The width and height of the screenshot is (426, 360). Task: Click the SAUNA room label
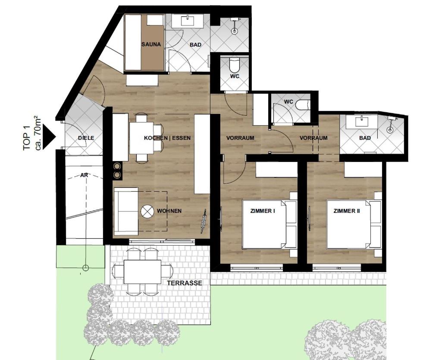(151, 44)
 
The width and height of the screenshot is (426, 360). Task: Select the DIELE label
(86, 138)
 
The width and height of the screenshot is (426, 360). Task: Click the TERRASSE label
(185, 283)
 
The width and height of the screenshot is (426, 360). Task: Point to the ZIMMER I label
(263, 211)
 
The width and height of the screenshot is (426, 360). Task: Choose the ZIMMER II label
(347, 211)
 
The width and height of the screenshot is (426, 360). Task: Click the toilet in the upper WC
(234, 64)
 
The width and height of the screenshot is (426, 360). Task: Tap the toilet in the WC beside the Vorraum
(303, 105)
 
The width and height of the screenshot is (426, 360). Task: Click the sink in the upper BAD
(188, 21)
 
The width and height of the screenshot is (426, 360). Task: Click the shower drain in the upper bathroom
(234, 31)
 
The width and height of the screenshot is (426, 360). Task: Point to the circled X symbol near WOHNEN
(147, 211)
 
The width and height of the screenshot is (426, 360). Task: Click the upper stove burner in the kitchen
(117, 166)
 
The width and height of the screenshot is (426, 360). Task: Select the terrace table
(142, 272)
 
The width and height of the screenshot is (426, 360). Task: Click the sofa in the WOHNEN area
(126, 211)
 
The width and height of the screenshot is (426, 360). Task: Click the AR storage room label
(84, 175)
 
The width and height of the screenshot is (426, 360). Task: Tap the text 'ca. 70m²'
(38, 133)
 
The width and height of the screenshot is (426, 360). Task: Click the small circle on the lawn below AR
(85, 268)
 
